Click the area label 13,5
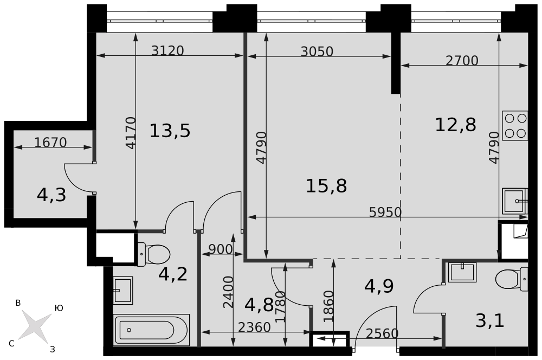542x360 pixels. (x=170, y=131)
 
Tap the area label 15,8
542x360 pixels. (x=326, y=186)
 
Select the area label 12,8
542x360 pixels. (x=455, y=125)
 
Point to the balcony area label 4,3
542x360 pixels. (x=51, y=195)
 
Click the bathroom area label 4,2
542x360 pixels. (x=173, y=274)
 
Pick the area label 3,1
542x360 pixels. (x=489, y=320)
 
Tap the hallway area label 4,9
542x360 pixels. (x=379, y=286)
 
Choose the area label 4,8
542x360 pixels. (x=259, y=305)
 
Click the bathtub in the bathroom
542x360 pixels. (x=152, y=329)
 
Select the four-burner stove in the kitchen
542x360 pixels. (x=515, y=125)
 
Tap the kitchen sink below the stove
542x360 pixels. (x=514, y=201)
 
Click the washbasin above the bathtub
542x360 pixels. (x=122, y=290)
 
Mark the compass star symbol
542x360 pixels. (x=35, y=326)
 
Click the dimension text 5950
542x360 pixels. (x=385, y=213)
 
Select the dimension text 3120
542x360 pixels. (x=167, y=51)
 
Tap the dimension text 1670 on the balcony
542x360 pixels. (x=50, y=143)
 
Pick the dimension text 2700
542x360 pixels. (x=462, y=61)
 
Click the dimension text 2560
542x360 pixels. (x=382, y=333)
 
